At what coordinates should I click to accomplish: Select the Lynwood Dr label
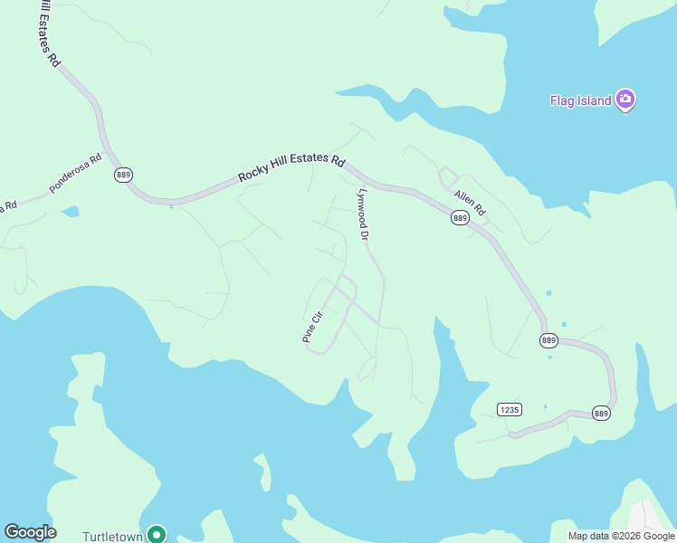pos(363,214)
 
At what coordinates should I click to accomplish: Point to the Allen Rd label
pos(470,204)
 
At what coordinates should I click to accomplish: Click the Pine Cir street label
pos(312,327)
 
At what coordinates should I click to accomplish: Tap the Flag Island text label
pos(580,100)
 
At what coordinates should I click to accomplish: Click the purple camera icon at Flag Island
pos(625,100)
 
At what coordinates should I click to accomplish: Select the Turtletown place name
pos(113,535)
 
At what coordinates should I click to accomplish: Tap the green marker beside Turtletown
pos(156,534)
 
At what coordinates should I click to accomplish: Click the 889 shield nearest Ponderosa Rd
pos(124,175)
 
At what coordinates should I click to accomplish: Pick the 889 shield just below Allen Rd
pos(460,218)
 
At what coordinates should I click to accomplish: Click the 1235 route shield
pos(510,409)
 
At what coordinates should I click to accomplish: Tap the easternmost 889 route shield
pos(602,413)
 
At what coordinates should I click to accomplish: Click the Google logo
pos(30,532)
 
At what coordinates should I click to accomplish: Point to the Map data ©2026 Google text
pos(621,536)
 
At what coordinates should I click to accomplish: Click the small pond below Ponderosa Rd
pos(70,213)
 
